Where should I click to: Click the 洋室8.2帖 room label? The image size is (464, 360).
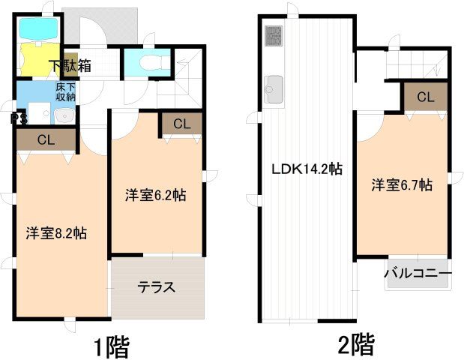56,233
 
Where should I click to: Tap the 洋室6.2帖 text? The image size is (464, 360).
155,195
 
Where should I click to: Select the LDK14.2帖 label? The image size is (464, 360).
307,169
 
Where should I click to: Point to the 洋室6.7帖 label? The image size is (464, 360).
402,185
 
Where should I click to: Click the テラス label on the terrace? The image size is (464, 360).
157,286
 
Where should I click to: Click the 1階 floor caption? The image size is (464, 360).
112,346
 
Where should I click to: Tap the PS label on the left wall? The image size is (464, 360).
15,118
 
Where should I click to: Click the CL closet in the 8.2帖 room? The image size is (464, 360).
46,139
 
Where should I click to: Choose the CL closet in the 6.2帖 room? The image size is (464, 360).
181,124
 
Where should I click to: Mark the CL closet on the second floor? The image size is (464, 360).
425,97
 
